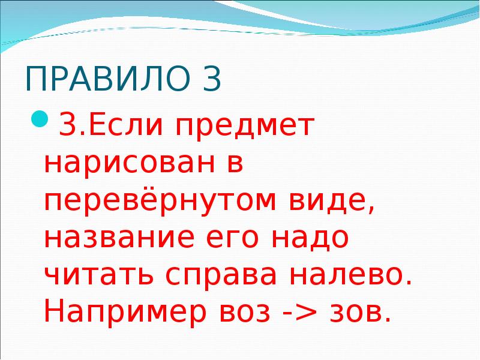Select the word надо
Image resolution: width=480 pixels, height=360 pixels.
[x=312, y=239]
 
